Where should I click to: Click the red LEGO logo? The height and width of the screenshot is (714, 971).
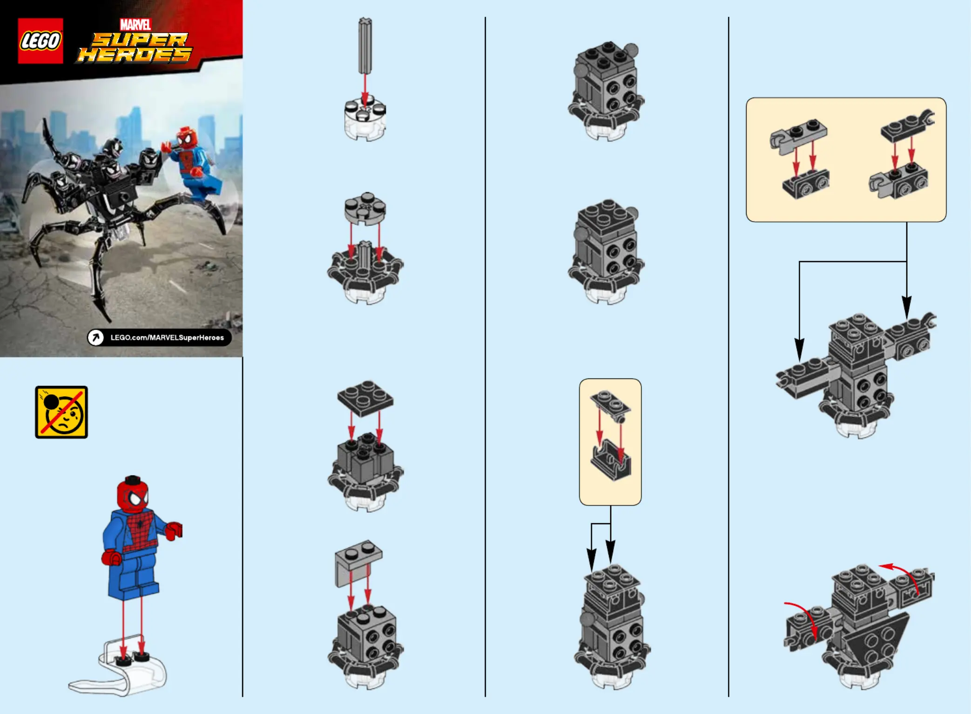coord(40,40)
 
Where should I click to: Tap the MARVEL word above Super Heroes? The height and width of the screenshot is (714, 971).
coord(135,25)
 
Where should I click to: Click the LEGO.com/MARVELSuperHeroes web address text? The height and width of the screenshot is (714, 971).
coord(167,337)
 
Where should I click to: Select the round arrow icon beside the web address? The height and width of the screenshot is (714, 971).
coord(96,337)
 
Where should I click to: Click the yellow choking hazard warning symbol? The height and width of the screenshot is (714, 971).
coord(61,412)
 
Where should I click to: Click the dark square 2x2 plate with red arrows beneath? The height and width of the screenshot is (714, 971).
coord(365,398)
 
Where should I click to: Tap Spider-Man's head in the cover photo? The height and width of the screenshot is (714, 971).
coord(187,138)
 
